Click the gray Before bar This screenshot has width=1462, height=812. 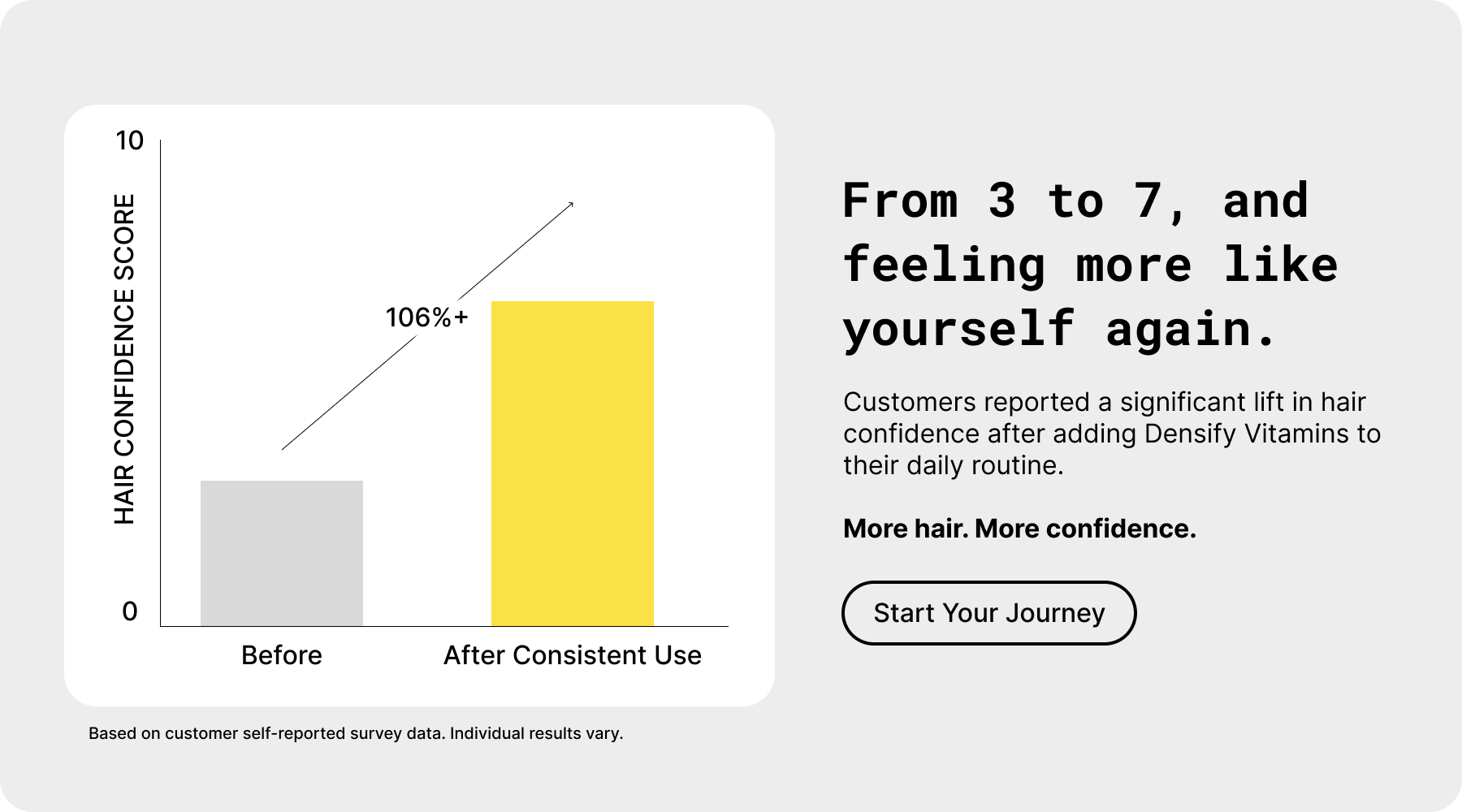(282, 553)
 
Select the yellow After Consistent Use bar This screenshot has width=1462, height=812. (573, 464)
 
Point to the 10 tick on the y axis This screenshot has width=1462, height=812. (130, 140)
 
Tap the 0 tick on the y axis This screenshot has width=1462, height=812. (130, 611)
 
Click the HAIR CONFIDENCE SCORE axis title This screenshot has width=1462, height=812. (124, 359)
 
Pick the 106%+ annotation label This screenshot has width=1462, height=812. (427, 317)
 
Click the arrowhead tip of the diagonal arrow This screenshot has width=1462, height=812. (573, 202)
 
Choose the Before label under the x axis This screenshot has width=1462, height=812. (282, 655)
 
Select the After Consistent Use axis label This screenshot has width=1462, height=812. (573, 655)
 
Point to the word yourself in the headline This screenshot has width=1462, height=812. (959, 330)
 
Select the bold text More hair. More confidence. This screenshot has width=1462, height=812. (1019, 529)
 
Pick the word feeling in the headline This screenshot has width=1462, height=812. (945, 265)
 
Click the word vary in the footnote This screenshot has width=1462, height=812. (604, 733)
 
